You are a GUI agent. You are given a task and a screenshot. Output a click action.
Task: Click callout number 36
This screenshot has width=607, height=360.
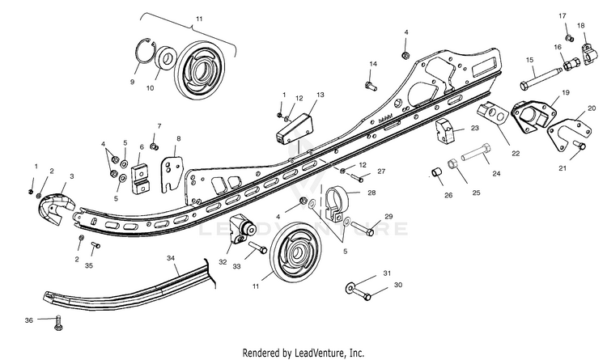[29, 321]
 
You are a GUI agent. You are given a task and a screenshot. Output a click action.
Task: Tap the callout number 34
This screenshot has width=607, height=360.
[172, 258]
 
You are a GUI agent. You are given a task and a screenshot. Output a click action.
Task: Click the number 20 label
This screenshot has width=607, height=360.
[592, 107]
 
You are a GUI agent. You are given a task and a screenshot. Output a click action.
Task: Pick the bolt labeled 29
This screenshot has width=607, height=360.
[363, 231]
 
